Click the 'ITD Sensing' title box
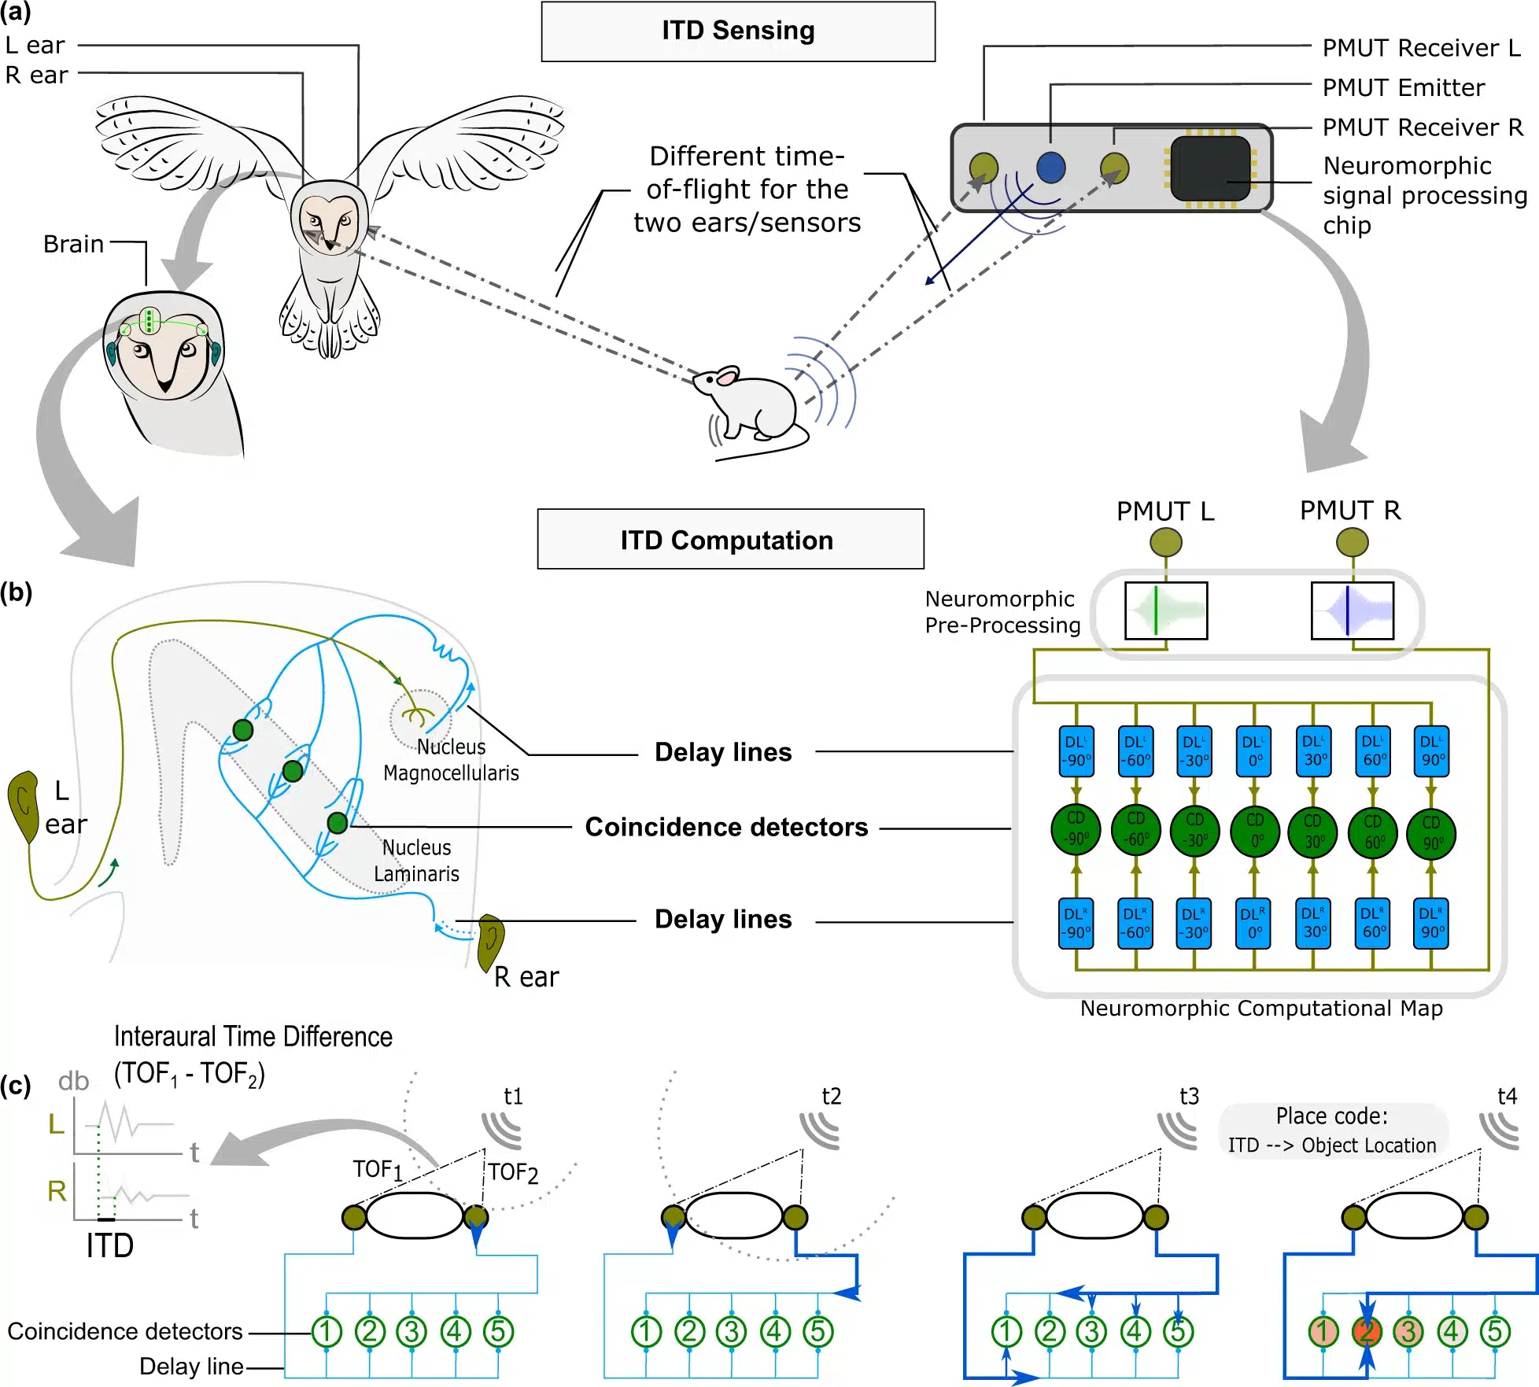pos(737,31)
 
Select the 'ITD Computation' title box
pos(730,540)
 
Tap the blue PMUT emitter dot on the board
pos(1050,167)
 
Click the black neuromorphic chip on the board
pos(1210,168)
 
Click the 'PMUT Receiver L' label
pos(1421,48)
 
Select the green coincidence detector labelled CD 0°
pos(1254,831)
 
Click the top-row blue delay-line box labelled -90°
pos(1076,751)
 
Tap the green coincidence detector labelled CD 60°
pos(1373,831)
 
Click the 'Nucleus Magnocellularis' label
pos(451,759)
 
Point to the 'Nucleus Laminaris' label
pos(416,860)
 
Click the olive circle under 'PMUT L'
pos(1165,542)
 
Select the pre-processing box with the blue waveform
pos(1352,611)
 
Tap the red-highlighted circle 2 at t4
pos(1367,1331)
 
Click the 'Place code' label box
pos(1332,1130)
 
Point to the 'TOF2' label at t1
pos(512,1172)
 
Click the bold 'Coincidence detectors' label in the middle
pos(726,827)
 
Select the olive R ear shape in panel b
pos(491,941)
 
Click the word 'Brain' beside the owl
pos(73,244)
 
